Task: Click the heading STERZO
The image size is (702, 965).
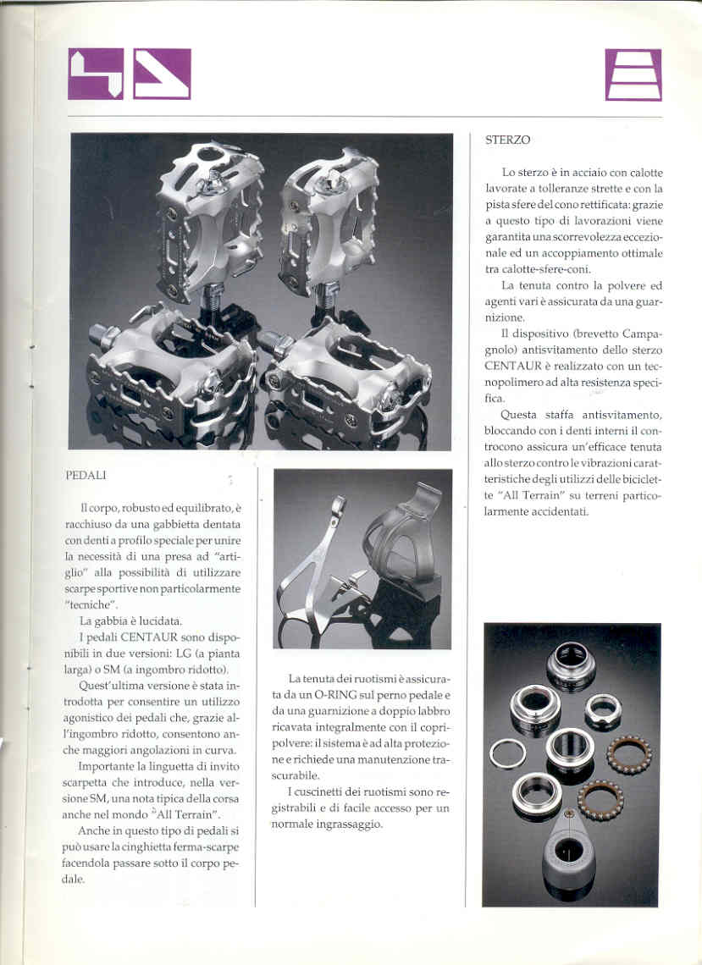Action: [x=508, y=140]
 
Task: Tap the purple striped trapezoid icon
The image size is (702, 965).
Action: [x=633, y=74]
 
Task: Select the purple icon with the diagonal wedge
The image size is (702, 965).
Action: [x=162, y=74]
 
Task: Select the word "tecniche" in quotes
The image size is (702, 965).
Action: [x=92, y=604]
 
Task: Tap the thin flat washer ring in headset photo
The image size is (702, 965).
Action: [x=508, y=753]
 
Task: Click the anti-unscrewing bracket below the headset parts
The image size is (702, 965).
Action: [x=569, y=855]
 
